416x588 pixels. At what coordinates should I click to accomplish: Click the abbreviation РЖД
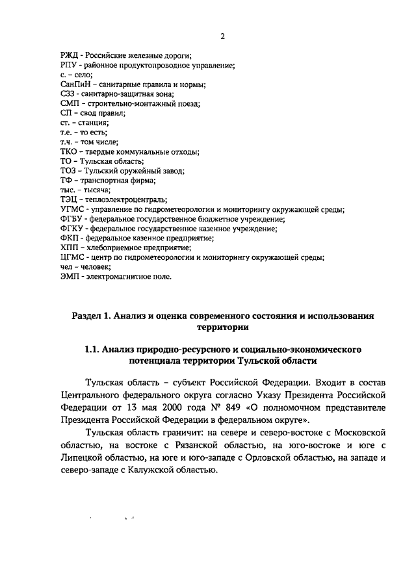pyautogui.click(x=68, y=55)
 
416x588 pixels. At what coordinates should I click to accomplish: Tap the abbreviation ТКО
pyautogui.click(x=68, y=151)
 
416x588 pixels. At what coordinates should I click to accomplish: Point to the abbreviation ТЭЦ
pyautogui.click(x=68, y=199)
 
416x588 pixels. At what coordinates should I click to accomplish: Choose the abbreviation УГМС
pyautogui.click(x=71, y=209)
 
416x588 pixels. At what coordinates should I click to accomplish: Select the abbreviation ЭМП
pyautogui.click(x=69, y=275)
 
